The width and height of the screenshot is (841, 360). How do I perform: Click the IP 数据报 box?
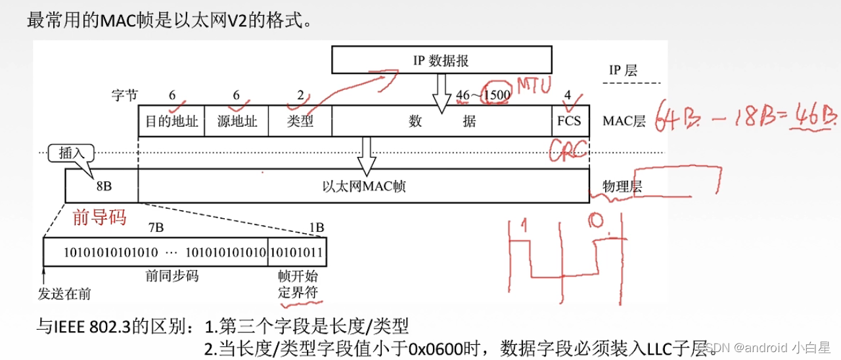coord(442,60)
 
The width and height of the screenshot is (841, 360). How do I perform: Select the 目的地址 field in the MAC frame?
coord(171,121)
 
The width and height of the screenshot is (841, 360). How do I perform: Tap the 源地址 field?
coord(237,121)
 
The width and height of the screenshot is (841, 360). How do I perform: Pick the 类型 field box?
coord(300,121)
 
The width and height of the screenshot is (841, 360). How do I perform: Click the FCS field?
coord(569,121)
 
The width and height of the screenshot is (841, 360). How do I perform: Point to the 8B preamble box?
coord(102,186)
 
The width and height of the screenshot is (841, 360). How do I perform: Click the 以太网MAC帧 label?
coord(363,186)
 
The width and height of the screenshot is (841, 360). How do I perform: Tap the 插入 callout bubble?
coord(72,153)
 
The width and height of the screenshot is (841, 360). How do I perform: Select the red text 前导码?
coord(99,217)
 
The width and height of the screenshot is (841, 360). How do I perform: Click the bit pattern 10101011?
coord(297,252)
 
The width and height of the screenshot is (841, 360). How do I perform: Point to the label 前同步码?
coord(171,276)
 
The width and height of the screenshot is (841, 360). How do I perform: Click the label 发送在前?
coord(64,294)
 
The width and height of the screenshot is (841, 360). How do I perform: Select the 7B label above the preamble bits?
coord(156,227)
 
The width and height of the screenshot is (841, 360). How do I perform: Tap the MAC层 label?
coord(624,121)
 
